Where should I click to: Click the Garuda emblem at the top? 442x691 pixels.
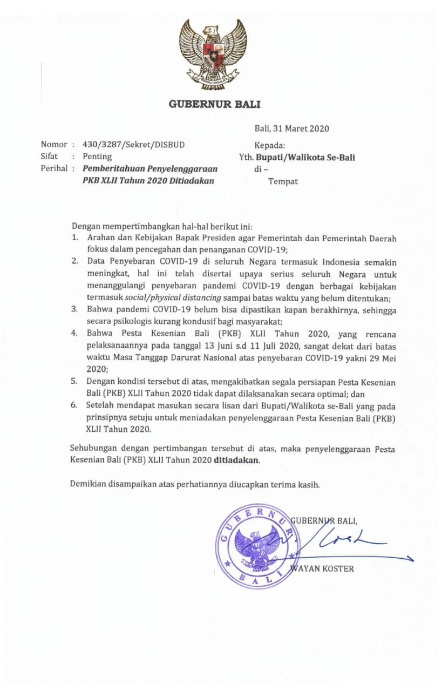[x=214, y=53]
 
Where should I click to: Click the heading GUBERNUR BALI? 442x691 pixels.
[x=214, y=104]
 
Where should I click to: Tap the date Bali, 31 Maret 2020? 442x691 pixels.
[x=291, y=128]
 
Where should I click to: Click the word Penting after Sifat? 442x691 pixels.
[x=97, y=157]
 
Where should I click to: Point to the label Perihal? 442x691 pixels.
[x=54, y=168]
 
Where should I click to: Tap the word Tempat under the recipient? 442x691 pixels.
[x=283, y=181]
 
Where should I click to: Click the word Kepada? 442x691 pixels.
[x=270, y=145]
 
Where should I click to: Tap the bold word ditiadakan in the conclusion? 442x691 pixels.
[x=236, y=460]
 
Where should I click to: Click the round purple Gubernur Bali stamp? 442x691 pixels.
[x=257, y=545]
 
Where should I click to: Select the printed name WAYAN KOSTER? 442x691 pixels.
[x=322, y=568]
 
